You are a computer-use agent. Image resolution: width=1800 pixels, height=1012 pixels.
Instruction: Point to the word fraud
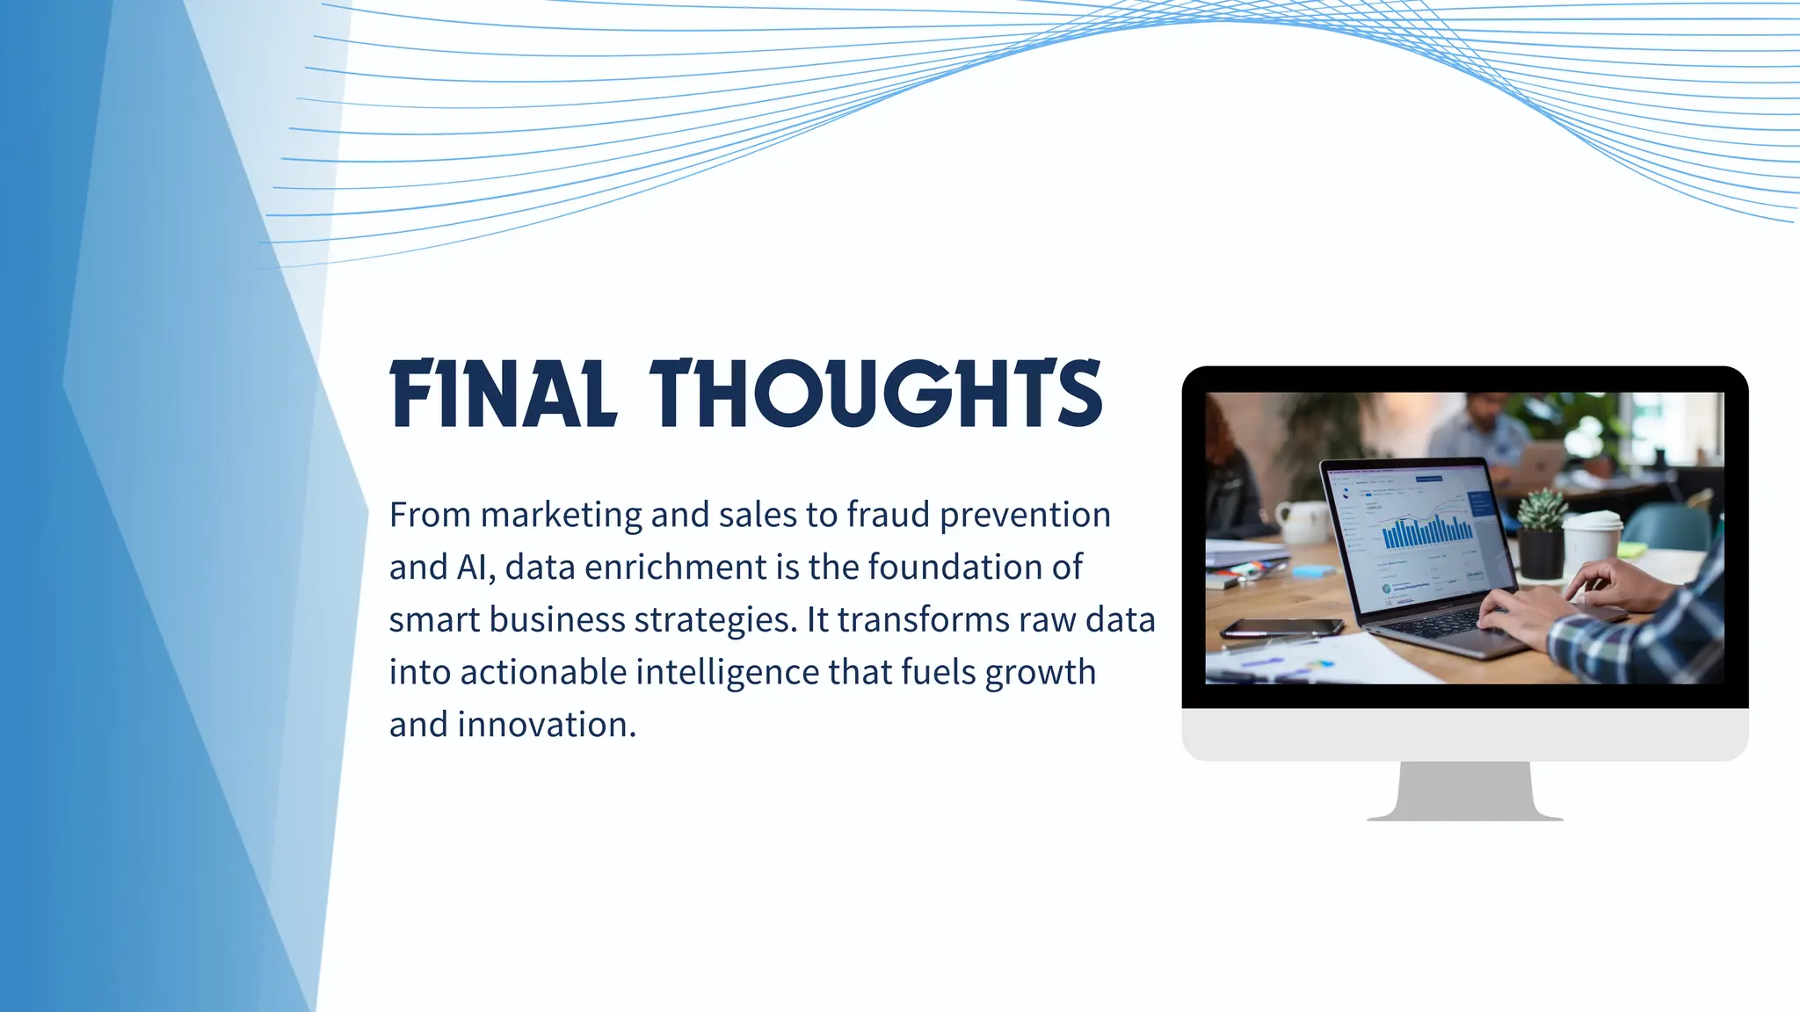(x=888, y=515)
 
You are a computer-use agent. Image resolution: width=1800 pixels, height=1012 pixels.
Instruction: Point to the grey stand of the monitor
(x=1464, y=791)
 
